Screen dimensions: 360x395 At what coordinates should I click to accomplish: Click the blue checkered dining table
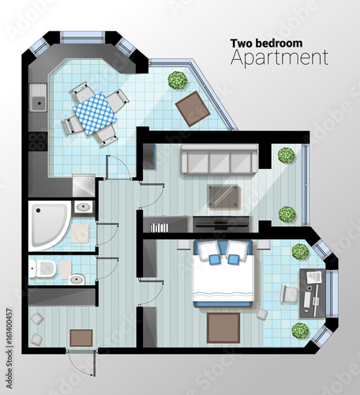tap(95, 113)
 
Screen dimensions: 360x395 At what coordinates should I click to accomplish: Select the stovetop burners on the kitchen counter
tap(38, 141)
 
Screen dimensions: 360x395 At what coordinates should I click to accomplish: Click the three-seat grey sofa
tap(219, 160)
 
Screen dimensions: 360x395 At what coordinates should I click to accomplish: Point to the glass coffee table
tap(223, 197)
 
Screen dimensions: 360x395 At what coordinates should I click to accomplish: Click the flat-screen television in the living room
tap(221, 224)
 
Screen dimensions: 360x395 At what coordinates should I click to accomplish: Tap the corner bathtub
tap(49, 226)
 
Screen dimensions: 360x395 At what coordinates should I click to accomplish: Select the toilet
tap(42, 269)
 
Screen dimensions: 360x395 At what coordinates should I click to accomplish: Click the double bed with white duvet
tap(223, 274)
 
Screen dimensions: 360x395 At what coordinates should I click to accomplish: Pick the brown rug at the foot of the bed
tap(223, 328)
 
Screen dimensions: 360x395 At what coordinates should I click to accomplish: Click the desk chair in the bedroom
tap(288, 294)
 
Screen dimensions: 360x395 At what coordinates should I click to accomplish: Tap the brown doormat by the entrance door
tap(81, 338)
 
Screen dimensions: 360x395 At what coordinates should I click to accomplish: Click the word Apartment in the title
tap(279, 58)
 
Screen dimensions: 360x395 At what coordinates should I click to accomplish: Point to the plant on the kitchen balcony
tap(178, 81)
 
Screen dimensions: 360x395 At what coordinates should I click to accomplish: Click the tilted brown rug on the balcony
tap(193, 108)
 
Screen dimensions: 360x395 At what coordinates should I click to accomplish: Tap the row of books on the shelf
tap(159, 228)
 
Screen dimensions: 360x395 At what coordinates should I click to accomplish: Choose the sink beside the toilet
tap(77, 280)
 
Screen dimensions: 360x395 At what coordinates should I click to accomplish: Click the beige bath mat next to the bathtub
tap(81, 233)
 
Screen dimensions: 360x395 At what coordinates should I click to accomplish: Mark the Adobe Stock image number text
tap(9, 348)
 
